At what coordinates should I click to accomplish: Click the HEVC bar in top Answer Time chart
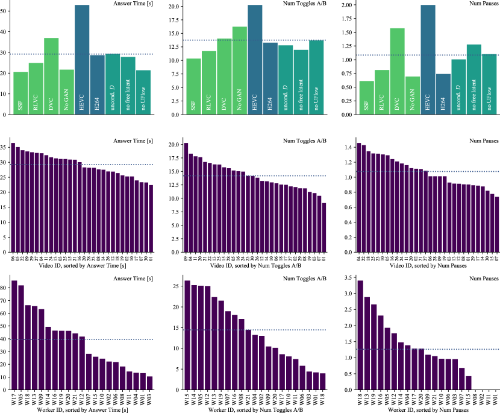(82, 60)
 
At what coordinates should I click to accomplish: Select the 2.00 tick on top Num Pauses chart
(345, 5)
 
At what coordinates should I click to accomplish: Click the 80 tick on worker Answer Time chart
(5, 288)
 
